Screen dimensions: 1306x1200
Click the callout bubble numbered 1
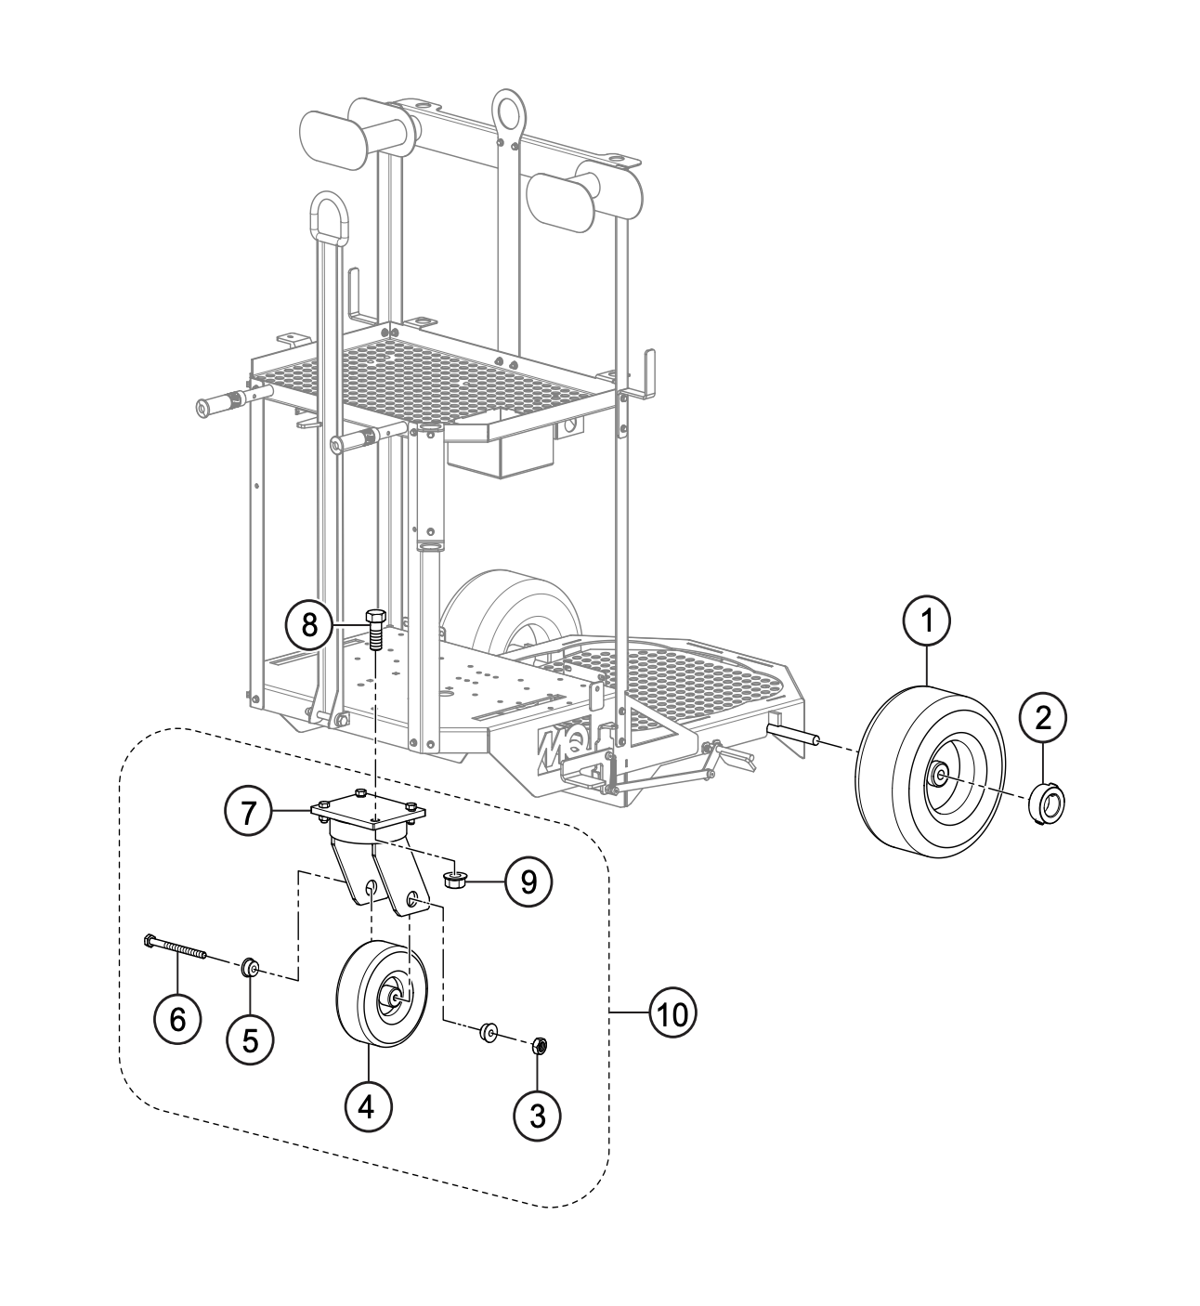(926, 621)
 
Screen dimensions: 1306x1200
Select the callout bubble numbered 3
(537, 1115)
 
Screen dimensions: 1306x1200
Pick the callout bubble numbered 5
(250, 1038)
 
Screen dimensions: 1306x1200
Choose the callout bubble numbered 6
(177, 1018)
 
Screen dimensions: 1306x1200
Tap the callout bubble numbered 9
(528, 882)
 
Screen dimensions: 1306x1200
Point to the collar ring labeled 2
(1046, 800)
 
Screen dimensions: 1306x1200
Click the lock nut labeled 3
(537, 1046)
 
